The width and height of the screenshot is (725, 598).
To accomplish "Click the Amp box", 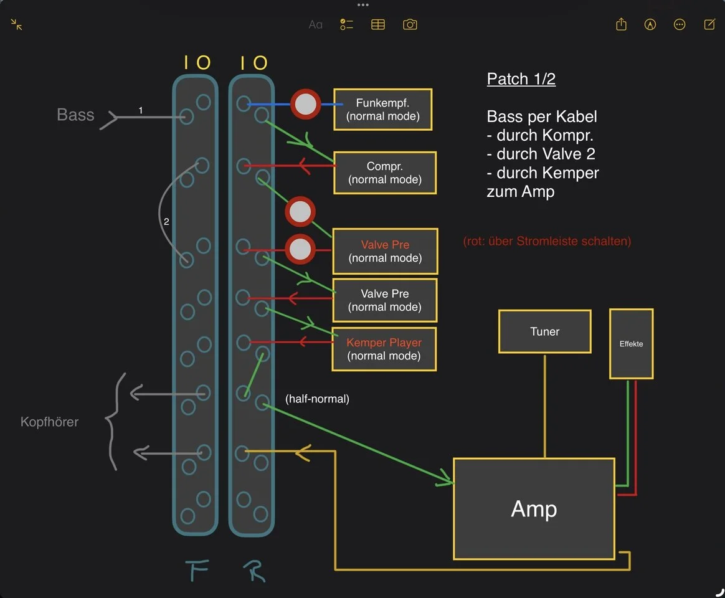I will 534,509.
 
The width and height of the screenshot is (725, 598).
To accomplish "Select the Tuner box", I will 544,331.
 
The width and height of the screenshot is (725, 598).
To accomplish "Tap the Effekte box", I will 631,344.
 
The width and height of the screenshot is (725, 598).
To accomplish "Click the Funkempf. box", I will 382,110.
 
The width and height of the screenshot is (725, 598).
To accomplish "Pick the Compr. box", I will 384,173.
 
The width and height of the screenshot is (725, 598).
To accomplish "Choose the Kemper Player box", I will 384,349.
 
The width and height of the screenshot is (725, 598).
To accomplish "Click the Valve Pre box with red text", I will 385,252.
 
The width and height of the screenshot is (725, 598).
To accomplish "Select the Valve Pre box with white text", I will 384,300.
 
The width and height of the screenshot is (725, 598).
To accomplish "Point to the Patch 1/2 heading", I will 521,79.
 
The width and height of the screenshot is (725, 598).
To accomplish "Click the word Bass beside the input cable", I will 75,115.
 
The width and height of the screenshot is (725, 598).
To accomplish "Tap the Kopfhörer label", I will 49,422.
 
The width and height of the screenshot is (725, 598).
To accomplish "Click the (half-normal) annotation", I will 317,399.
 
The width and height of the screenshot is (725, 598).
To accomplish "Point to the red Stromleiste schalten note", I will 547,241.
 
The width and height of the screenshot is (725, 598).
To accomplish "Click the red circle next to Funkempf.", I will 305,105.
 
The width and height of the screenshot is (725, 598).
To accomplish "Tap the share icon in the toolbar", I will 621,24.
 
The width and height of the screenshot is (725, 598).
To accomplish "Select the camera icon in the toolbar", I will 410,24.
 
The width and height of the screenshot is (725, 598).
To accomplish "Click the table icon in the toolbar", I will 378,24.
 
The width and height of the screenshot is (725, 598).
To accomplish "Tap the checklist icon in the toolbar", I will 346,24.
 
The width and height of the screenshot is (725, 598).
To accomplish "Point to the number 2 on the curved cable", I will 166,221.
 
